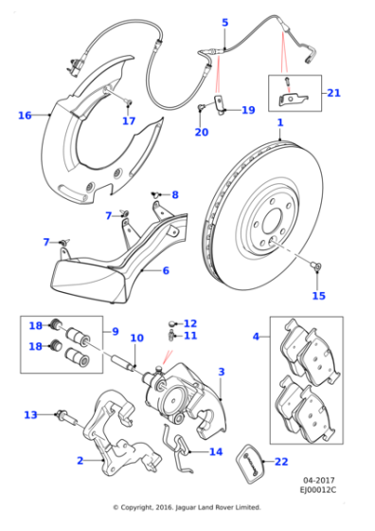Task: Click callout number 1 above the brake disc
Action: coord(280,123)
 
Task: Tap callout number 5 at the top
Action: coord(225,22)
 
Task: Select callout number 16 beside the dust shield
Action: coord(25,115)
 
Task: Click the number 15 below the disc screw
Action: coord(318,296)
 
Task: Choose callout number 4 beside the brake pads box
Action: coord(256,336)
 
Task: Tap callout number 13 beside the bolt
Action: coord(30,414)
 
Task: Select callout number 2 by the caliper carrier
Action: coord(79,461)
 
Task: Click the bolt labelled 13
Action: coord(64,415)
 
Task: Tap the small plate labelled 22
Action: coord(250,464)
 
